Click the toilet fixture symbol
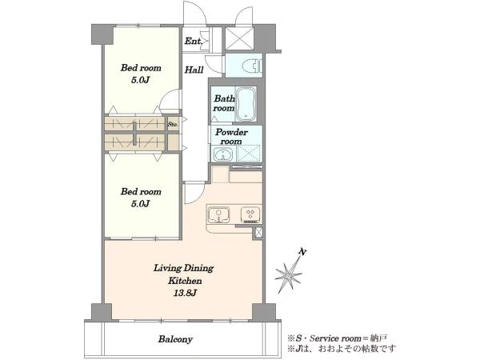(252, 66)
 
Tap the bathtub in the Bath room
(246, 104)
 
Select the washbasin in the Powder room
(222, 154)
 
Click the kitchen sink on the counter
(218, 215)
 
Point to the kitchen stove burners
(250, 214)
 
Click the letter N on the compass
(302, 252)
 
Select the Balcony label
(175, 339)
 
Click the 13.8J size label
(185, 294)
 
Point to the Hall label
(194, 70)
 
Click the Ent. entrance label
(193, 41)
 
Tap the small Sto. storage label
(173, 125)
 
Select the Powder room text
(231, 137)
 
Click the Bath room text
(224, 103)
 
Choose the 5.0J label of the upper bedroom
(140, 80)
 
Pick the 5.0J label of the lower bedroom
(140, 203)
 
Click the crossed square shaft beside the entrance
(239, 38)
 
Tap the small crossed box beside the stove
(258, 233)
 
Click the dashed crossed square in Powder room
(249, 153)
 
